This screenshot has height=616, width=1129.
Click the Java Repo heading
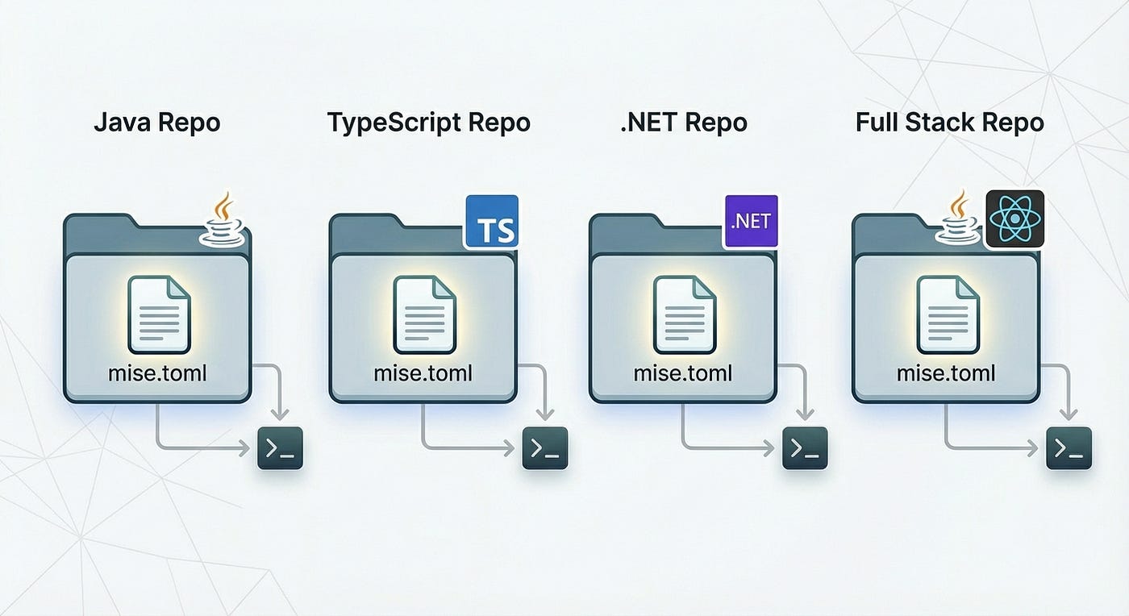click(156, 123)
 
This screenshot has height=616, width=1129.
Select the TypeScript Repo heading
click(428, 123)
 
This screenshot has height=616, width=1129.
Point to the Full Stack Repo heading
click(949, 123)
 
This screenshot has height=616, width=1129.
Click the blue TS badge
click(491, 221)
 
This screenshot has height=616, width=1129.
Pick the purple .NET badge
click(751, 220)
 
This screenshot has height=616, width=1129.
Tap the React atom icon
click(1014, 219)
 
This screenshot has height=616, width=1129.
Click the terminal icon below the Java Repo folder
click(279, 448)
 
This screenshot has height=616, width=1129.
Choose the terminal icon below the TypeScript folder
click(545, 448)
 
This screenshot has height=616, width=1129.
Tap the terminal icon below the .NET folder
click(805, 448)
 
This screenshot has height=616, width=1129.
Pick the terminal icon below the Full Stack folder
click(1069, 448)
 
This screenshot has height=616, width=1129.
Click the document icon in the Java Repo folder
click(159, 314)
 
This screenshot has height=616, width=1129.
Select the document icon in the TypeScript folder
click(424, 314)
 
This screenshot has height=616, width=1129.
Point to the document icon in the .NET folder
click(684, 314)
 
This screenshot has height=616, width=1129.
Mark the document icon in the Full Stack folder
click(948, 314)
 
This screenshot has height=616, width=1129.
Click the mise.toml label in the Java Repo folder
click(158, 374)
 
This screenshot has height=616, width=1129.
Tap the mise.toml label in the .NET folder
click(683, 374)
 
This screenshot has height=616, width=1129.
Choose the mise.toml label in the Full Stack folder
click(946, 374)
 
